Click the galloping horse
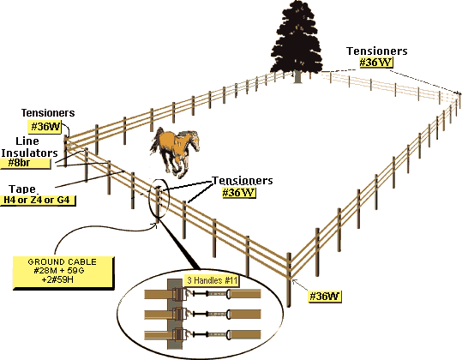pos(176,152)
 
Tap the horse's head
pos(194,141)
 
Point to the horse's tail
pos(156,139)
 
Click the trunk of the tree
pos(298,76)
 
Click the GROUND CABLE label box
pos(63,273)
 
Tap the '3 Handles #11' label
pos(213,280)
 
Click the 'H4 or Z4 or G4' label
pos(37,200)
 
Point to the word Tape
pos(22,189)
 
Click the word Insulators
pos(29,153)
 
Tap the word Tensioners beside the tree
pos(377,51)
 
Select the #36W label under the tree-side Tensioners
pos(376,63)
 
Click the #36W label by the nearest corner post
pos(324,296)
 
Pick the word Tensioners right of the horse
pos(243,181)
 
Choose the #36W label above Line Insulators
pos(45,127)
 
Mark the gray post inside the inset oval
pos(175,314)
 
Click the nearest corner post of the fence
pos(289,280)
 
